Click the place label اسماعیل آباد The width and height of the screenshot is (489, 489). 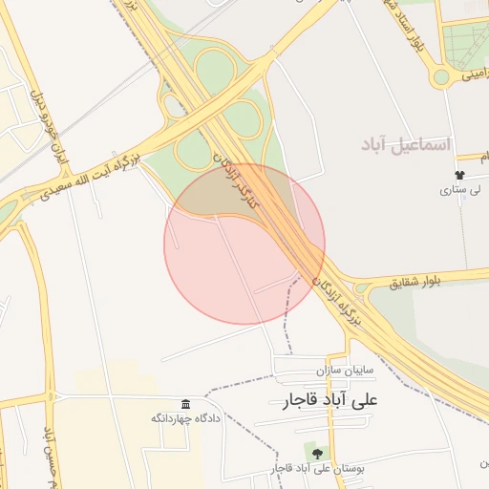click(x=405, y=144)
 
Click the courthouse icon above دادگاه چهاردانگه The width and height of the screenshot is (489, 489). click(x=184, y=403)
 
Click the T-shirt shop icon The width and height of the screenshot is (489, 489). click(x=460, y=175)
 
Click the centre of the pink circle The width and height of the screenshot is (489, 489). click(x=244, y=244)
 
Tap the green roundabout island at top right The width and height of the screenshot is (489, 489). click(x=442, y=76)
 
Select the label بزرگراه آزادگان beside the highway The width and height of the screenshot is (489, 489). click(x=336, y=302)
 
